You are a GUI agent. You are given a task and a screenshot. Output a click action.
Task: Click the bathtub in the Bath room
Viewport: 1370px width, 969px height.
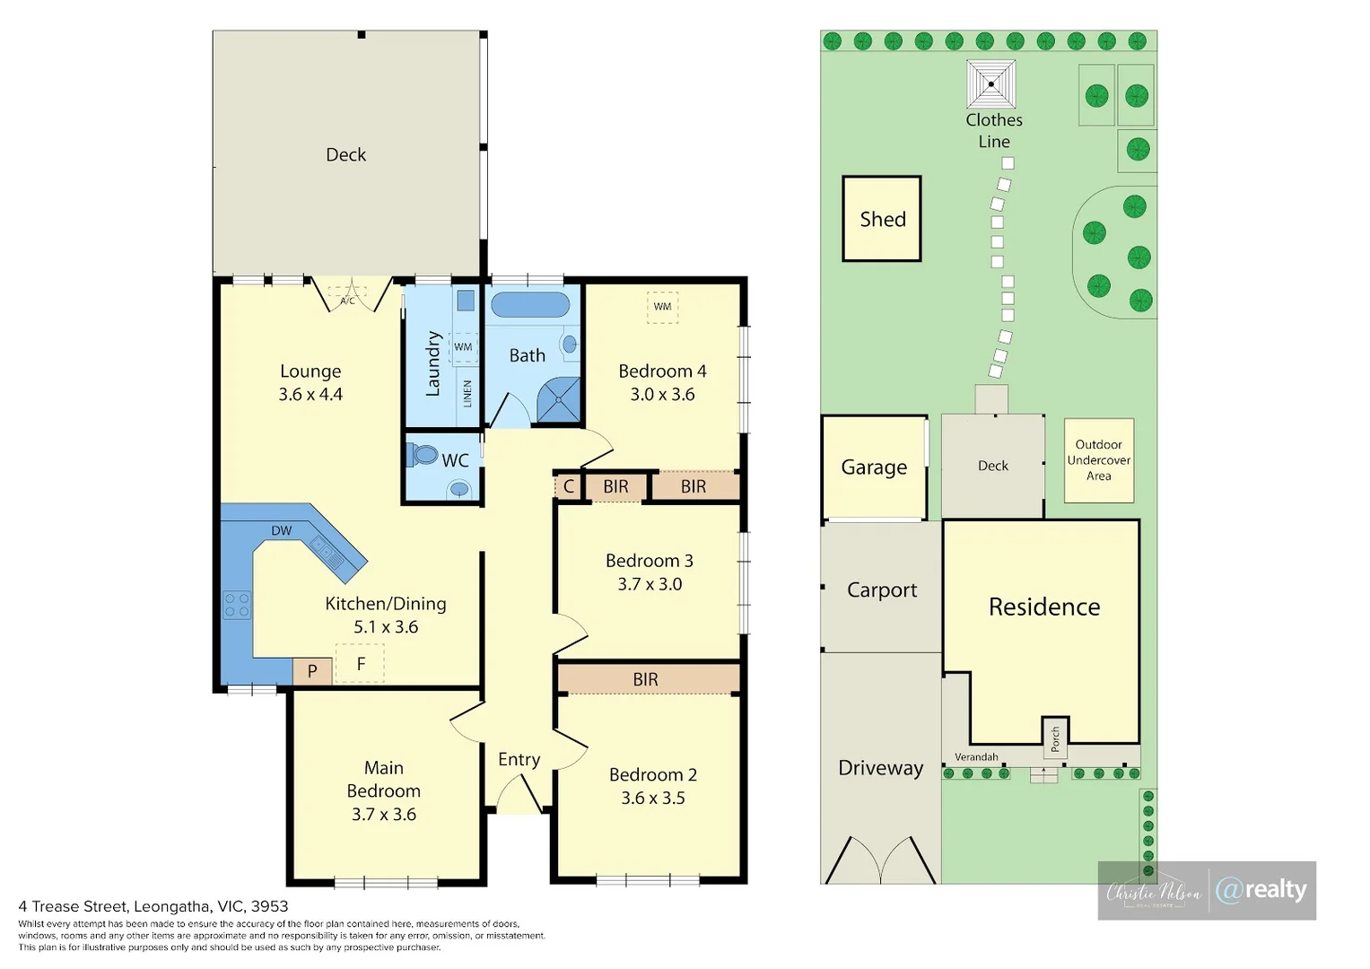tap(530, 304)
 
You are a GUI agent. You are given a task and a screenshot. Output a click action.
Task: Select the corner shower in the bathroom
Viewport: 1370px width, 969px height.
tap(559, 399)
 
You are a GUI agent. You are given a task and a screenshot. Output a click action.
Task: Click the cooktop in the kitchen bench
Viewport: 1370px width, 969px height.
tap(237, 605)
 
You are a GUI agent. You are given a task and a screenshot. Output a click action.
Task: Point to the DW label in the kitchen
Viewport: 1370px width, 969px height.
tap(282, 530)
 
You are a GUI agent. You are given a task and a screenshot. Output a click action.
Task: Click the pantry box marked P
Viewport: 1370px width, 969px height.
tap(312, 670)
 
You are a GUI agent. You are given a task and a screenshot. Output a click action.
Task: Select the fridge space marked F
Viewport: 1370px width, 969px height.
tap(361, 664)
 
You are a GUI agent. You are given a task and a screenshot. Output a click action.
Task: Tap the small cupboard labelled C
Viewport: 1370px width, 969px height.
tap(568, 486)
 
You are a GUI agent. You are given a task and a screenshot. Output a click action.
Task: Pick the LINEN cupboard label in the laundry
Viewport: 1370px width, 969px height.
tap(467, 393)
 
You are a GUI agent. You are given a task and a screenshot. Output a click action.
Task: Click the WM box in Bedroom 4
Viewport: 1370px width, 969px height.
tap(662, 307)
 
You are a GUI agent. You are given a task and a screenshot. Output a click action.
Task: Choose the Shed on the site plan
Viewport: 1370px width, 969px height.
tap(882, 219)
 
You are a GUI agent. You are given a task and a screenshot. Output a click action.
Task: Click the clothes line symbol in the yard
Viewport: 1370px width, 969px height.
tap(990, 84)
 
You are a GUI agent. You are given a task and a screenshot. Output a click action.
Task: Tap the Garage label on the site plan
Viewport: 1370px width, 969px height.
tap(874, 467)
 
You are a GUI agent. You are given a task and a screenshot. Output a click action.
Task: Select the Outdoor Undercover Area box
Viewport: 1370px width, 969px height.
tap(1099, 459)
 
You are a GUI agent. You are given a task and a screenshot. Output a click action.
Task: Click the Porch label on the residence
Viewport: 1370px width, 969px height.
tap(1055, 738)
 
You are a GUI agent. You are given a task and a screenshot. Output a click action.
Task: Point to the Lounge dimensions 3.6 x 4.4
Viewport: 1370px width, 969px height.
tap(310, 394)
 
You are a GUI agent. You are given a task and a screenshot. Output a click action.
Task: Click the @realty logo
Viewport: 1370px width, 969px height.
tap(1261, 889)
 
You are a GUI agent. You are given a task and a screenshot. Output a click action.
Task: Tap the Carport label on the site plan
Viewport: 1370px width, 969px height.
tap(882, 589)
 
